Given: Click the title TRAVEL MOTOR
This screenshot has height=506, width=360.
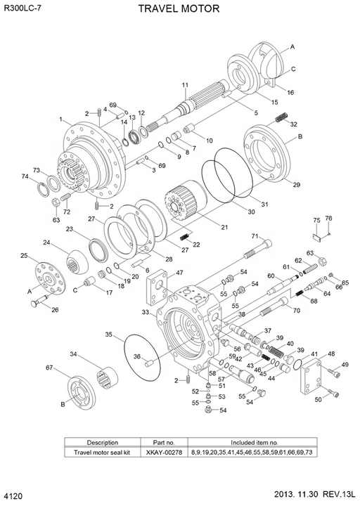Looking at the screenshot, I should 179,8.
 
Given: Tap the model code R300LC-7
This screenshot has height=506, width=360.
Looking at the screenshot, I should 26,8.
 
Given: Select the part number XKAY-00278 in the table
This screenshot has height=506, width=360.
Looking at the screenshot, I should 164,453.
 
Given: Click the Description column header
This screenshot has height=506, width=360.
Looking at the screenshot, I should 103,443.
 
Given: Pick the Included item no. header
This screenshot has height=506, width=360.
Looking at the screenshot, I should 244,443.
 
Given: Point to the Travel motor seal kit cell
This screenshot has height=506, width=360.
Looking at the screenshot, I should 103,453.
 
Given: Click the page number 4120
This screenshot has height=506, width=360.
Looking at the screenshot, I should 13,497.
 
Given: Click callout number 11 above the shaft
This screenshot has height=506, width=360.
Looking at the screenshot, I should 185,86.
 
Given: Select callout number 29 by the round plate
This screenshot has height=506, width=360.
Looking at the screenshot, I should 296,185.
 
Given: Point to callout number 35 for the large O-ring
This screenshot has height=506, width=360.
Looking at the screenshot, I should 110,334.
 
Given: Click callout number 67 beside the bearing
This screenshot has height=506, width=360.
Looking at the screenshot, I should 50,368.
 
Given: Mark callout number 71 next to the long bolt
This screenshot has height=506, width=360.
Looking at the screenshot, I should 255,236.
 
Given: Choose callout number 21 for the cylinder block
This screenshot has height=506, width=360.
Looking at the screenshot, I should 224,227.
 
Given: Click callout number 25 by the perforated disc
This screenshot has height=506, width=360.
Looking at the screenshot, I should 24,256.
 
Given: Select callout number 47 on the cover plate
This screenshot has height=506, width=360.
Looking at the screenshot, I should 179,273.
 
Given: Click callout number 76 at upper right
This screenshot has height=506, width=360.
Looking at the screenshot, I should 328,219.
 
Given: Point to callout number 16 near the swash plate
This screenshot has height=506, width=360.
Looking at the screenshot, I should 290,93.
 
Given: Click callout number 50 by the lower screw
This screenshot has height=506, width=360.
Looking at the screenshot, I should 318,399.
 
